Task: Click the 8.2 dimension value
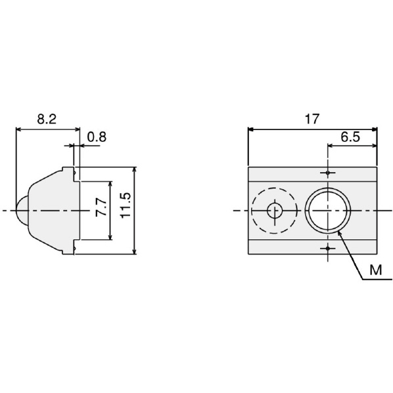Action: [47, 120]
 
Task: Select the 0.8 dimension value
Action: [97, 137]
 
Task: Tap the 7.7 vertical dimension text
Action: [101, 207]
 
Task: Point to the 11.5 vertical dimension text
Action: [126, 206]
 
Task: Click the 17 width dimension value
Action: [312, 119]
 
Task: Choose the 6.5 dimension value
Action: [350, 137]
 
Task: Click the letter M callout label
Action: [376, 270]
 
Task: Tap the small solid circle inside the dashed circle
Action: [275, 210]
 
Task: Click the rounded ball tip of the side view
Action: [21, 210]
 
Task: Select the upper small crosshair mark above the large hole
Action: [327, 173]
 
